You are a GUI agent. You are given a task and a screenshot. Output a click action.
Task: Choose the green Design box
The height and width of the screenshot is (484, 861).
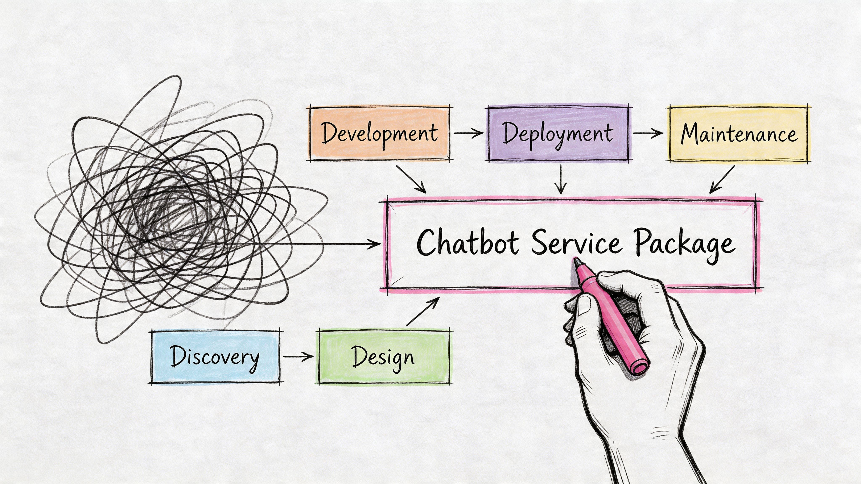pos(384,357)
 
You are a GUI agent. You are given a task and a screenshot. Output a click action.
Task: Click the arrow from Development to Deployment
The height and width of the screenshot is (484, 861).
pos(468,133)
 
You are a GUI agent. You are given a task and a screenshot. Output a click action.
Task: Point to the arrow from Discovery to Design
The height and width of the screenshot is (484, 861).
pos(298,356)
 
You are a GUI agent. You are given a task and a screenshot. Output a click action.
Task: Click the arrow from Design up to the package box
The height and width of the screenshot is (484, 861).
pos(423,311)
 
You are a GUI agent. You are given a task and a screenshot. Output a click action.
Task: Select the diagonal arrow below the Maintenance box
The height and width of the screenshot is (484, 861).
pos(722,179)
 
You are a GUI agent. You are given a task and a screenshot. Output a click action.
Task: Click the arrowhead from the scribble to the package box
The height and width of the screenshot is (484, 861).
pos(376,244)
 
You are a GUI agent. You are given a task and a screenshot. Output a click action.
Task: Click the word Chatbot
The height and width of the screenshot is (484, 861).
pos(468,242)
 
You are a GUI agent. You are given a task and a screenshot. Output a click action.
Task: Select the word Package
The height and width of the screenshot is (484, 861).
pos(685,244)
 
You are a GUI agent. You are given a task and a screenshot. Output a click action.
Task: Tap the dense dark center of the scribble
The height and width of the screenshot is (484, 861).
pos(167,214)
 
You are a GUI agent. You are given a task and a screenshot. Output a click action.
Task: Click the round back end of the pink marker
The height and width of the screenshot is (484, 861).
pos(640,367)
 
